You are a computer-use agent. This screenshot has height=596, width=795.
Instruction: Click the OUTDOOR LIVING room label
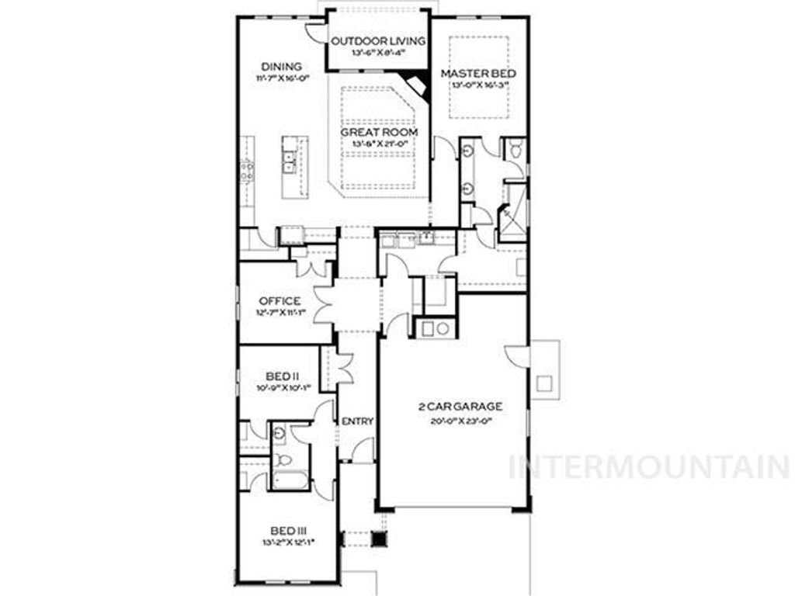pos(378,40)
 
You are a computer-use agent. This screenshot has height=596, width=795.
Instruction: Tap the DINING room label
pos(281,67)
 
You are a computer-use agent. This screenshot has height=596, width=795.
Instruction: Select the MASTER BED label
pos(479,74)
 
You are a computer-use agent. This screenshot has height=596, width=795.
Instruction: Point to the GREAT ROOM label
pos(379,132)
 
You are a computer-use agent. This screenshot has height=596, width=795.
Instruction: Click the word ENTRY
pos(358,421)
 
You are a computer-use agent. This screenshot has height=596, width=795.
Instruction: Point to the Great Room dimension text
pos(379,144)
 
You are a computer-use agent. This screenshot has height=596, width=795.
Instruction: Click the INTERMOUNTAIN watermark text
pos(649,467)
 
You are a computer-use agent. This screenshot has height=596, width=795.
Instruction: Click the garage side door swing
pos(516,356)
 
